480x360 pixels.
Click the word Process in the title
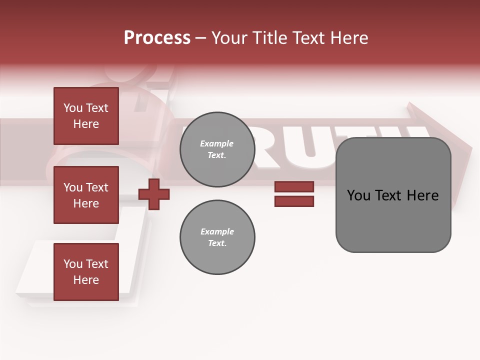[x=157, y=38]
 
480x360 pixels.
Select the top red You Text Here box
[x=86, y=116]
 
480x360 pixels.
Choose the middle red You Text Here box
[x=86, y=195]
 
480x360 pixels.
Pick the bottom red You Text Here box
[x=86, y=271]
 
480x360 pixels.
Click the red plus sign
[x=154, y=194]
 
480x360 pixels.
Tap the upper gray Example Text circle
[x=217, y=149]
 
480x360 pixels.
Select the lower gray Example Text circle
[x=217, y=237]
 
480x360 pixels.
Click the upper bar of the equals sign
[x=294, y=186]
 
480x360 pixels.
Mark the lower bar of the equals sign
[x=294, y=201]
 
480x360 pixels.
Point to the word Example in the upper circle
[x=216, y=143]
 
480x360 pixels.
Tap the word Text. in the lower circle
[x=217, y=243]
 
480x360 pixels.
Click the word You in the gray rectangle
[x=358, y=195]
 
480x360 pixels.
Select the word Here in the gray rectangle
[x=422, y=195]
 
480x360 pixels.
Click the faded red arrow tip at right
[x=462, y=150]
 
